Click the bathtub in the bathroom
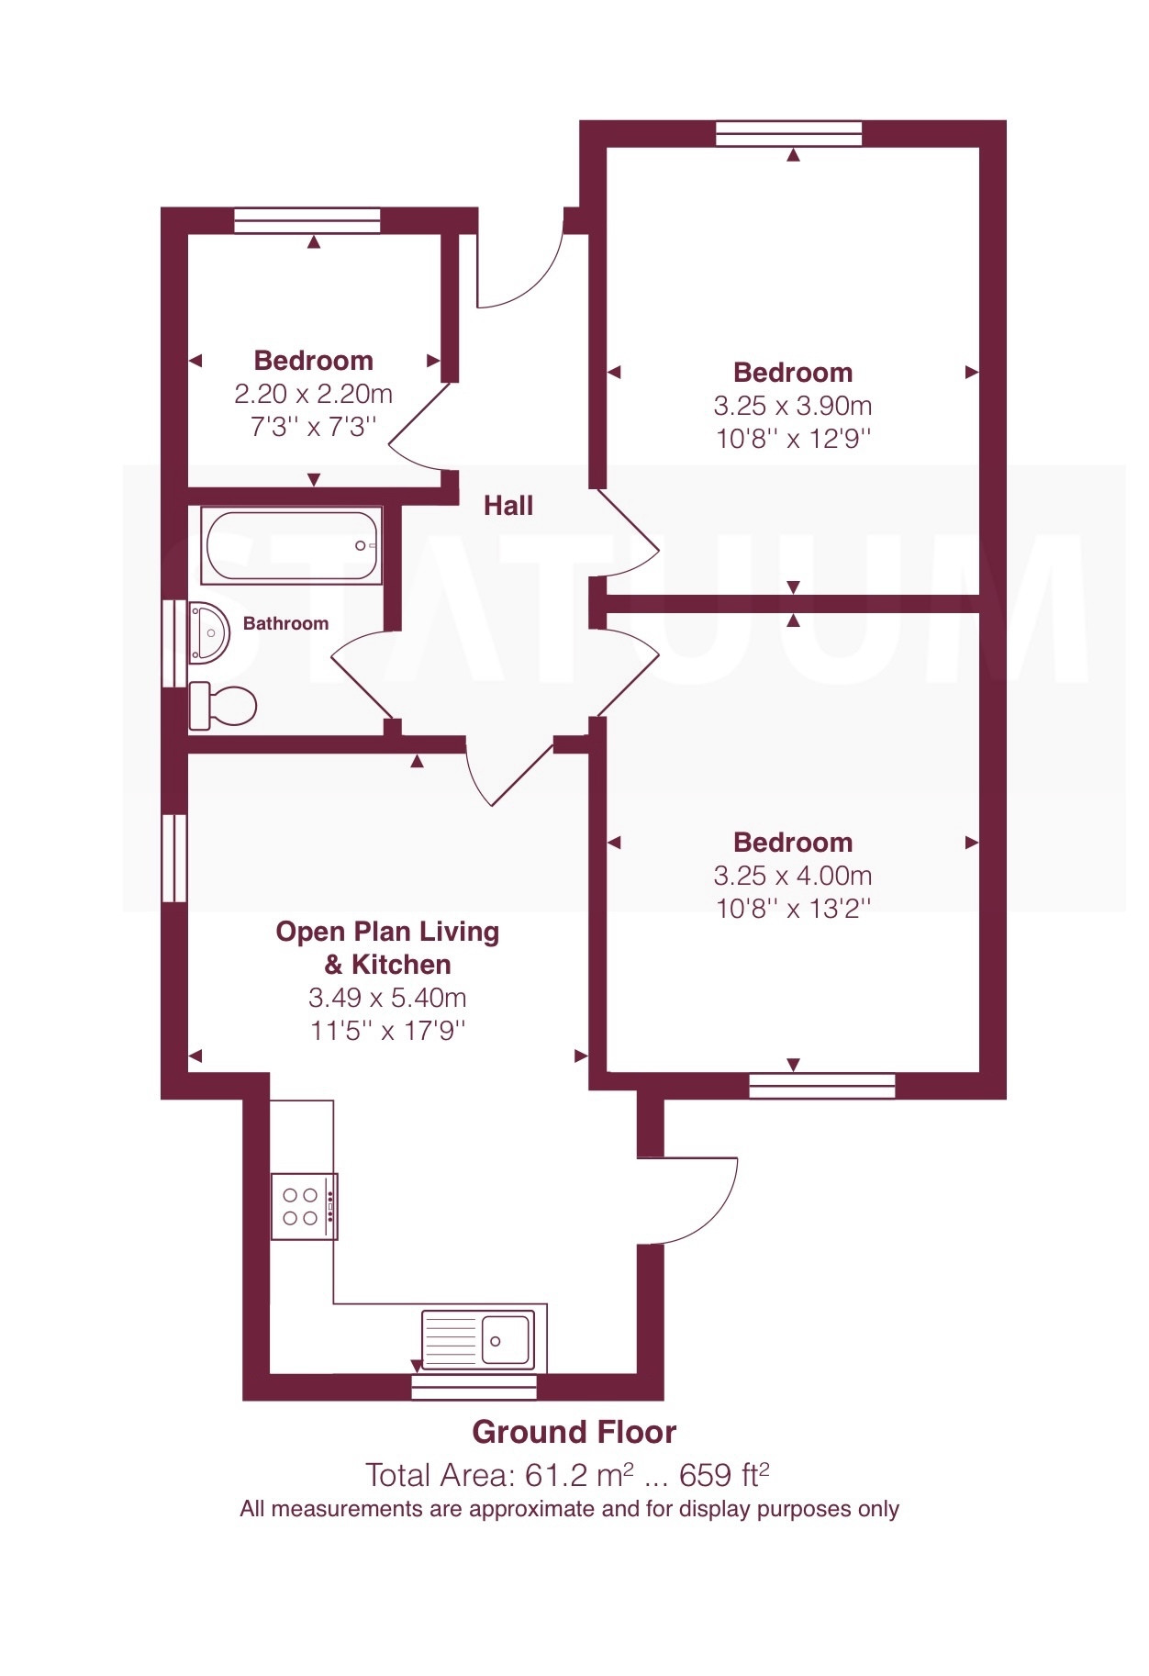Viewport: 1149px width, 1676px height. pyautogui.click(x=291, y=545)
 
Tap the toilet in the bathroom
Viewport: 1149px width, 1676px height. pyautogui.click(x=222, y=707)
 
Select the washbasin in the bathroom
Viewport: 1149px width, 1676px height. pyautogui.click(x=208, y=632)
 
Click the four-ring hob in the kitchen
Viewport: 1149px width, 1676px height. pyautogui.click(x=304, y=1206)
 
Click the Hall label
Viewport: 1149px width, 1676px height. pyautogui.click(x=508, y=506)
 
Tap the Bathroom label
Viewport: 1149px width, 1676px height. pyautogui.click(x=285, y=623)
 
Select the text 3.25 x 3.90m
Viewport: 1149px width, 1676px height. pyautogui.click(x=793, y=406)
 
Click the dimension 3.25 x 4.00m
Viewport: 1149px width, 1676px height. pyautogui.click(x=793, y=876)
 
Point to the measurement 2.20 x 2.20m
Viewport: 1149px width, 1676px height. pyautogui.click(x=314, y=394)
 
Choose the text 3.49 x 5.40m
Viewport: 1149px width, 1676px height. pyautogui.click(x=387, y=998)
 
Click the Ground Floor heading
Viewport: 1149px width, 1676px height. pyautogui.click(x=574, y=1432)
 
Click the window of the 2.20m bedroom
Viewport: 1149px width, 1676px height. pyautogui.click(x=307, y=220)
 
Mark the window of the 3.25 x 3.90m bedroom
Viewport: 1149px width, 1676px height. pyautogui.click(x=789, y=133)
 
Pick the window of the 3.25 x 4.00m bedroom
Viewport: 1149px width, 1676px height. pyautogui.click(x=822, y=1086)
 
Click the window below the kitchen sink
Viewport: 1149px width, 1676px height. pyautogui.click(x=474, y=1387)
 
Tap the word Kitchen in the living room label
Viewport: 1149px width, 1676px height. pyautogui.click(x=401, y=965)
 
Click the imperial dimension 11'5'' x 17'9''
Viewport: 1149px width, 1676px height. pyautogui.click(x=387, y=1031)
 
